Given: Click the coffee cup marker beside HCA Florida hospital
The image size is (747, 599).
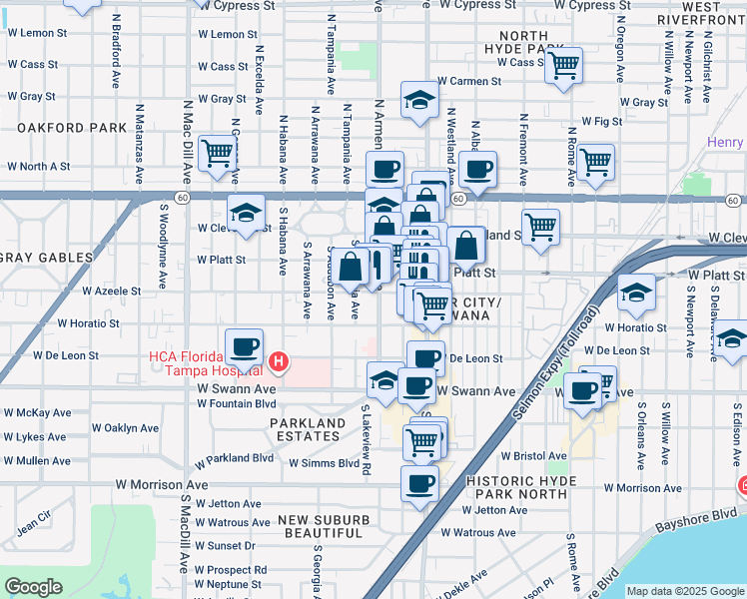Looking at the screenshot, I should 244,348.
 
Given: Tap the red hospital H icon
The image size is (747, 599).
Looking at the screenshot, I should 280,360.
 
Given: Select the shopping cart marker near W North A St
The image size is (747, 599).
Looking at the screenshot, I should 217,153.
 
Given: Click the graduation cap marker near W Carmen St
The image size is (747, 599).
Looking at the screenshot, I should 420,100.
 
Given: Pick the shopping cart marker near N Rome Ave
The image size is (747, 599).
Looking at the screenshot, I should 595,161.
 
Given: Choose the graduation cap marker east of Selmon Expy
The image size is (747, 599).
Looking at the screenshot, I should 636,293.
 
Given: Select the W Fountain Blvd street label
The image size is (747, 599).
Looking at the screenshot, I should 236,403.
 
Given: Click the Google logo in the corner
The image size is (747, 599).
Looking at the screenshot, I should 34,587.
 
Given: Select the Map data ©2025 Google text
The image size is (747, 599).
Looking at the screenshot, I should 685,591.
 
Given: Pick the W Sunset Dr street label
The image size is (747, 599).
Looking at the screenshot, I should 226,546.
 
